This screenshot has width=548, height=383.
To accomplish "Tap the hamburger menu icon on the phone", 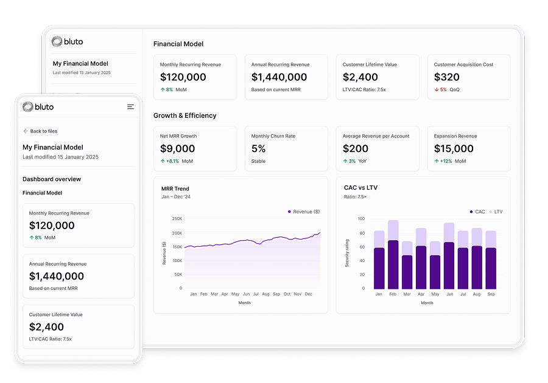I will click(x=130, y=107).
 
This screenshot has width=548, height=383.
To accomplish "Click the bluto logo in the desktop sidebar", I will click(x=67, y=41).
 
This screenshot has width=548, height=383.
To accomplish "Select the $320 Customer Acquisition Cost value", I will click(x=447, y=77).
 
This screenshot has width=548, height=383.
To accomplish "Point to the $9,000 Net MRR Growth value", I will click(x=178, y=149).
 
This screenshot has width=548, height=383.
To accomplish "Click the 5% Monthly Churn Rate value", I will click(x=258, y=149).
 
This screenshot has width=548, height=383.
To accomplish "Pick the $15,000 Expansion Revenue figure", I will click(x=454, y=149).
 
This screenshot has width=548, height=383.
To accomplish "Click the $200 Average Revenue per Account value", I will click(x=356, y=149).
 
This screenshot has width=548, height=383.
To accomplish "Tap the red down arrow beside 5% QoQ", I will click(x=437, y=89).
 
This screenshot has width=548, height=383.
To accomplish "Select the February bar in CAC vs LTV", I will click(x=393, y=255).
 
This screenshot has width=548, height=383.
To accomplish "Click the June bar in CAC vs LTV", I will click(x=449, y=256).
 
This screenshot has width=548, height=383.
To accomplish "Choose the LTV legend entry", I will click(x=495, y=212).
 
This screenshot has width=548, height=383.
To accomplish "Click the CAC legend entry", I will click(x=477, y=212).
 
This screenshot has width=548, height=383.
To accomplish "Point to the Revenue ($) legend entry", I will click(x=303, y=212).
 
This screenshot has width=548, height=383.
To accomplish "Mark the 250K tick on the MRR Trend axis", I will click(x=177, y=219).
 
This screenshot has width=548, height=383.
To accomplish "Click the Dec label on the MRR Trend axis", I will click(x=308, y=294).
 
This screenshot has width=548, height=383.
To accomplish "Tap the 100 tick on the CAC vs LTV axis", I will click(x=361, y=219).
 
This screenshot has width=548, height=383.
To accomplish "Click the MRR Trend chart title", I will click(x=175, y=188).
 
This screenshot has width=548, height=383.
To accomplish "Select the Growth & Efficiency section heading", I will click(x=184, y=116).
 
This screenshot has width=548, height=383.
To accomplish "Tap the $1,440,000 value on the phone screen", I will click(x=57, y=277).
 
